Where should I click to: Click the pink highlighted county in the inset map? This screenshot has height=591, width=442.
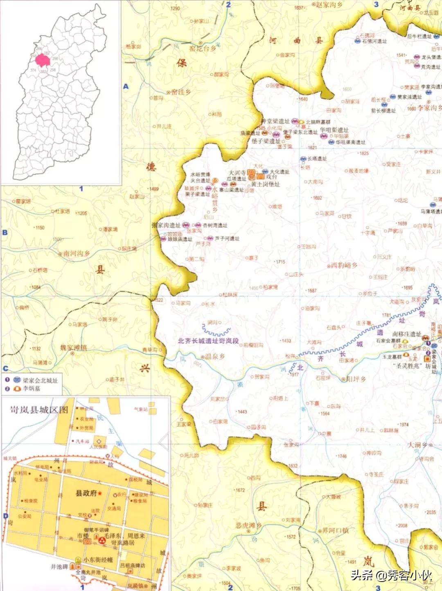click(43, 61)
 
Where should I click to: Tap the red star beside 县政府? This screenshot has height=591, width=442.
click(100, 493)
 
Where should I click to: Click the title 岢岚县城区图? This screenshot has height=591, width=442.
click(39, 410)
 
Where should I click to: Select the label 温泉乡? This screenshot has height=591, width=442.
click(215, 357)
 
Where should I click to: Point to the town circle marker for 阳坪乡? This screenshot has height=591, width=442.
click(343, 380)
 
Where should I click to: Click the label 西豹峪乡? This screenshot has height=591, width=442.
click(344, 266)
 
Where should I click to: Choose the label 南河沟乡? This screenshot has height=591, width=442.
click(77, 254)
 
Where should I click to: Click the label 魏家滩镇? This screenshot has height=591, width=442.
click(74, 348)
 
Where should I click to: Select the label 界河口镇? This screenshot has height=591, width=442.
click(335, 530)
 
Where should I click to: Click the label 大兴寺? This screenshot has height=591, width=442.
click(237, 173)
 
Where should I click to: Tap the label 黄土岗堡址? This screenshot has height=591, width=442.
click(265, 184)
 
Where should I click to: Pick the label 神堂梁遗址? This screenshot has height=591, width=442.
click(275, 121)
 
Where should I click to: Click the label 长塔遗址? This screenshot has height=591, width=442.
click(317, 159)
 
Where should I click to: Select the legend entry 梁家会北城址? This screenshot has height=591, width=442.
click(40, 380)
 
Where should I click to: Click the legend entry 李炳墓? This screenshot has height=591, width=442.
click(32, 389)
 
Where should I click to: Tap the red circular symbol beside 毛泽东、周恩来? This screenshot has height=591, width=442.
click(101, 541)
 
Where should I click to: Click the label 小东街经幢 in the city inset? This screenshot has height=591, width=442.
click(98, 559)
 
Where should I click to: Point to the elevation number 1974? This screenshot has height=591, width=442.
click(404, 425)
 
